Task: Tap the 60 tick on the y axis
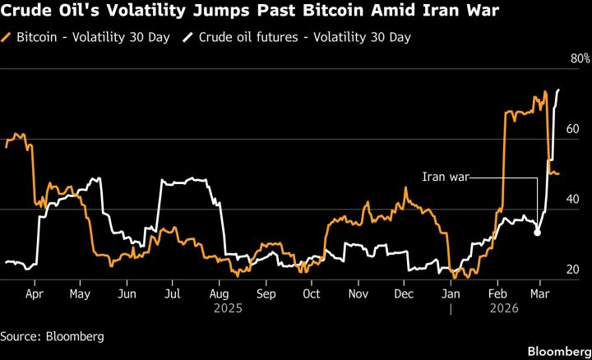tap(574, 129)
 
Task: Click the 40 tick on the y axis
tap(574, 200)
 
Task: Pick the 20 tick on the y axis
tap(574, 270)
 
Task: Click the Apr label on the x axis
tap(35, 292)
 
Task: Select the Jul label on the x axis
tap(173, 292)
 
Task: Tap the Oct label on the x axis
tap(312, 292)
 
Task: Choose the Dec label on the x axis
tap(404, 292)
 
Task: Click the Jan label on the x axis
tap(451, 292)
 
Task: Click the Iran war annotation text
tap(444, 177)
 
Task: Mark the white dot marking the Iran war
tap(537, 233)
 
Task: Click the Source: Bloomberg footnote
tap(46, 335)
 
